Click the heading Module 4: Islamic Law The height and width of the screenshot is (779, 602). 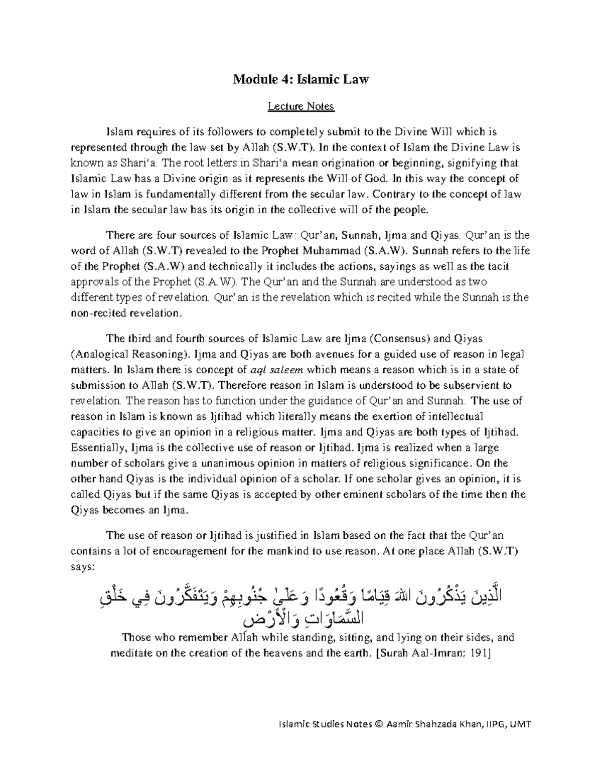[x=300, y=79]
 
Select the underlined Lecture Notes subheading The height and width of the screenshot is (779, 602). [x=300, y=106]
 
